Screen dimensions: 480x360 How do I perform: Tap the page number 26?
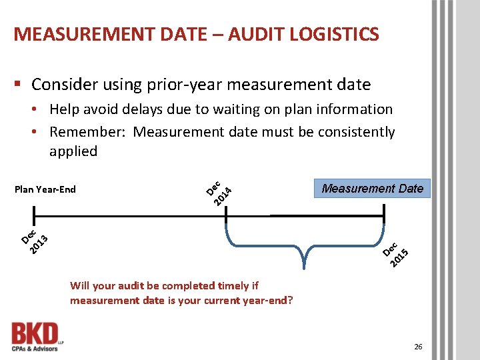418,346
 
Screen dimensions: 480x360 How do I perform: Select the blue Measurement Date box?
372,189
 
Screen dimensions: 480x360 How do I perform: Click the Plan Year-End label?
45,189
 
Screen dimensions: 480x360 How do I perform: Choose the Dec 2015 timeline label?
398,253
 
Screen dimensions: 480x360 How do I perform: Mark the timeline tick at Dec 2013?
33,216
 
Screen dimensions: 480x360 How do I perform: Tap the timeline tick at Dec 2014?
226,216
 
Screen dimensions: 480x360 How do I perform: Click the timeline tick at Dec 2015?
385,216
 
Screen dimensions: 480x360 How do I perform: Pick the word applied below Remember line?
73,151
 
